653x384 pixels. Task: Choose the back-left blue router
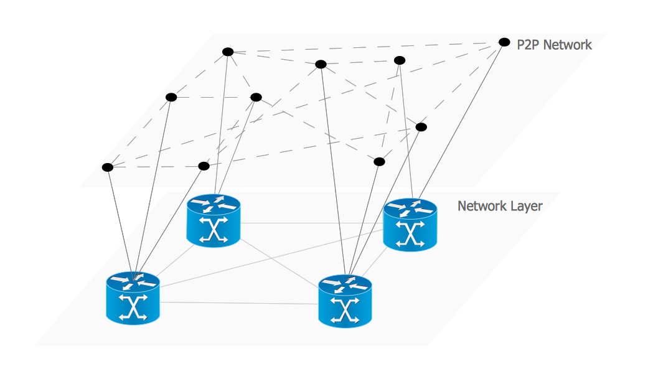[213, 220]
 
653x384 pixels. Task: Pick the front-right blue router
[345, 301]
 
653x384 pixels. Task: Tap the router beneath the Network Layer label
[410, 225]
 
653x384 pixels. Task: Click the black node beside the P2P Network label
[504, 42]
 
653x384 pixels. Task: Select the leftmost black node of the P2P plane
[108, 167]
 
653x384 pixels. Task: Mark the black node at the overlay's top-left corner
[228, 52]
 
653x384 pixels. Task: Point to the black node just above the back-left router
[204, 166]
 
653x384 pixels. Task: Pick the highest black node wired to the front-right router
[321, 64]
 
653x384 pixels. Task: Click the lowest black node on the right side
[379, 162]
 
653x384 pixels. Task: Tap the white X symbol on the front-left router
[133, 307]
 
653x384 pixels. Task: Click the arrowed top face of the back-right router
[410, 208]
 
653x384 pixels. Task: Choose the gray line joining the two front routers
[239, 303]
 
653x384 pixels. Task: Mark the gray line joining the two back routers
[311, 222]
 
